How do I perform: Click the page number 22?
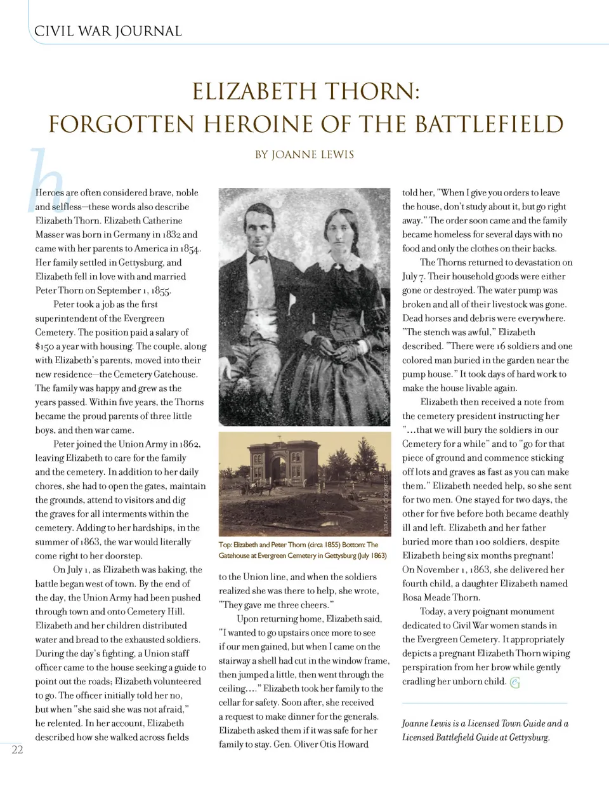(17, 750)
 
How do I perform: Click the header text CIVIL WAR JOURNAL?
(108, 31)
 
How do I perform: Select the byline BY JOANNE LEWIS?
(304, 154)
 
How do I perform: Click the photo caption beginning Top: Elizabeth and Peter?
(302, 550)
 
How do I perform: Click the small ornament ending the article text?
(514, 683)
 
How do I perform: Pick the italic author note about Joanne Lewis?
(485, 730)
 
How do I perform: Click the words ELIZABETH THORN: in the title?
(306, 91)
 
